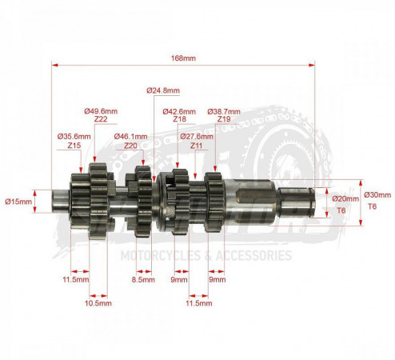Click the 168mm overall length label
coord(183,58)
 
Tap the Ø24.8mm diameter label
coord(163,90)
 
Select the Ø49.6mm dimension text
coord(101,111)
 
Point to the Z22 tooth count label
coord(101,119)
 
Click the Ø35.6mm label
coord(74,137)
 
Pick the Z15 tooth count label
coord(74,146)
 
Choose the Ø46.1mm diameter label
coord(130,137)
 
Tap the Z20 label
coord(130,146)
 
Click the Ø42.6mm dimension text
coord(179,111)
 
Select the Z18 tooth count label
coord(179,119)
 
